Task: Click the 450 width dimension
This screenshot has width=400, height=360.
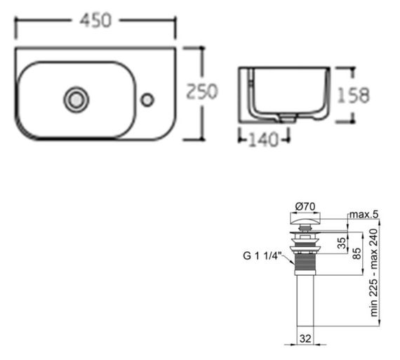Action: coord(95,20)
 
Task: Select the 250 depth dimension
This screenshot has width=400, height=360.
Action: coord(202,91)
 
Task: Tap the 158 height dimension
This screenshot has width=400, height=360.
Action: coord(353,95)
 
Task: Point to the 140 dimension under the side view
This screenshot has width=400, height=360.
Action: coord(264,140)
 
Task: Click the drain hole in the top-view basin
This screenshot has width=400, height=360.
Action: coord(76,99)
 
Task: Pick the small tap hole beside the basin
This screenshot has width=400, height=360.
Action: coord(147,100)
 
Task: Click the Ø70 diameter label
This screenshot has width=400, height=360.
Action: coord(305,206)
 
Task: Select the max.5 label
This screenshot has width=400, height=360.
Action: coord(364,215)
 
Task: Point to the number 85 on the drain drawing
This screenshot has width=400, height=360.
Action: coord(356,253)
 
